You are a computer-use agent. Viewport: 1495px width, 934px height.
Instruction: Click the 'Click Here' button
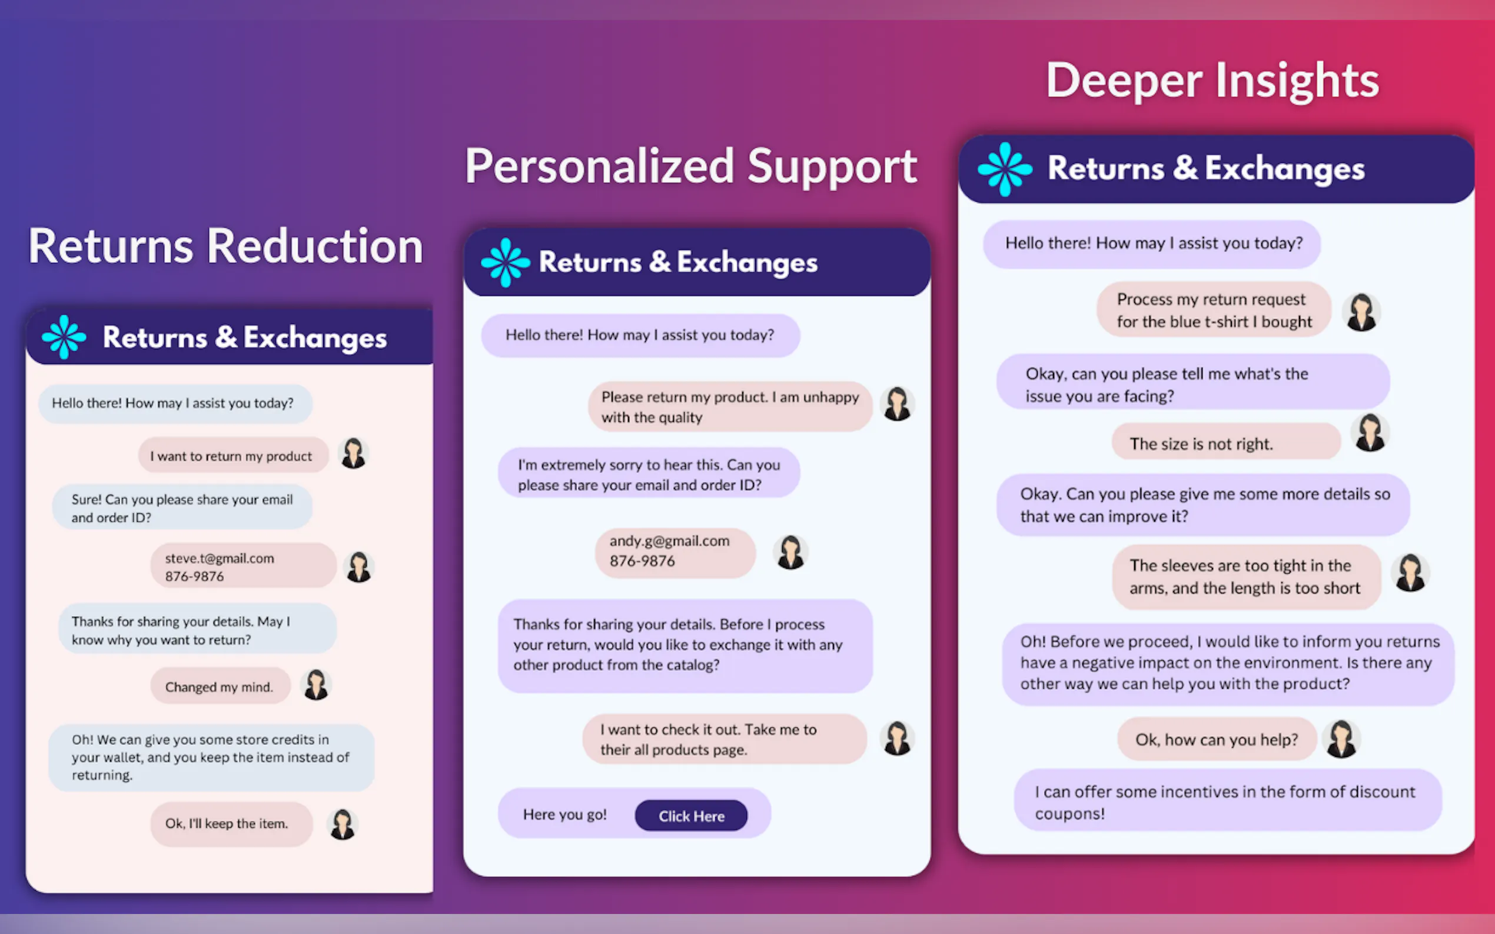(x=691, y=815)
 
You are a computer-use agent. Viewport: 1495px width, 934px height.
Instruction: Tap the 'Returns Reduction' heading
(x=225, y=246)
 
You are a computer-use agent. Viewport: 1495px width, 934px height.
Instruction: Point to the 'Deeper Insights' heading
(x=1212, y=81)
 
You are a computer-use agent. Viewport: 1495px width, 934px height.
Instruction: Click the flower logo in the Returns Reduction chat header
(x=64, y=336)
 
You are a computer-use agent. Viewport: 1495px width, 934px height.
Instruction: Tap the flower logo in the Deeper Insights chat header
(x=1005, y=169)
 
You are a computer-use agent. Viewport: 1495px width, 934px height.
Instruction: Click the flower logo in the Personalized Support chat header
(x=505, y=262)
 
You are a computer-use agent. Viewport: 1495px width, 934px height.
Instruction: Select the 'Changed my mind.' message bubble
(x=220, y=686)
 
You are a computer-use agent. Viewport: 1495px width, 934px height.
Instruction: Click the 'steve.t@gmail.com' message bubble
(x=243, y=566)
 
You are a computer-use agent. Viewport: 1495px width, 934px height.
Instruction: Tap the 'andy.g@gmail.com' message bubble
(x=675, y=552)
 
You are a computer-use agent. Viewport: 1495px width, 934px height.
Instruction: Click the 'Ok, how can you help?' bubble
(x=1215, y=739)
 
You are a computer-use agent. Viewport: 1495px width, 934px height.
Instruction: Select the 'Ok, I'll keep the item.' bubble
(x=231, y=823)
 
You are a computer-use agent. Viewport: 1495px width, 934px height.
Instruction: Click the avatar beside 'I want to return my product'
(x=354, y=453)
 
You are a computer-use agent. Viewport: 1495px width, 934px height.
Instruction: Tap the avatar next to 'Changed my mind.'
(x=316, y=685)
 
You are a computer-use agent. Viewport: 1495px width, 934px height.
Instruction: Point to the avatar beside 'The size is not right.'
(x=1370, y=432)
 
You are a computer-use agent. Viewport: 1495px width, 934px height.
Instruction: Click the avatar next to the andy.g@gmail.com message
(x=790, y=552)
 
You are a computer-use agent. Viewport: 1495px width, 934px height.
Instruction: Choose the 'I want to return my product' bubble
(x=233, y=455)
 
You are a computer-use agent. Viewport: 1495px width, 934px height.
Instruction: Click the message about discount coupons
(x=1227, y=801)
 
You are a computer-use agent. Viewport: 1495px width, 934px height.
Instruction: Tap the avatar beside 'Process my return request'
(x=1361, y=312)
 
